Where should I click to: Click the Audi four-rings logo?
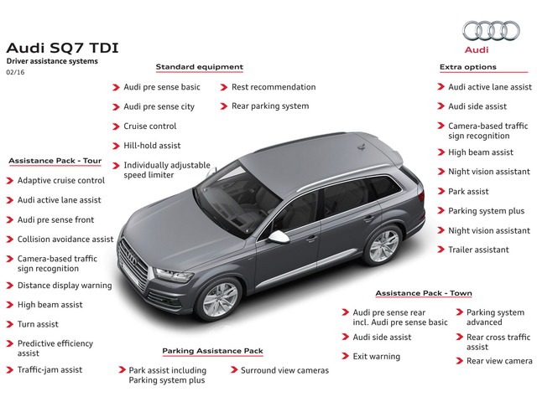pyautogui.click(x=491, y=32)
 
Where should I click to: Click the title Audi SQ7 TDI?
pyautogui.click(x=62, y=47)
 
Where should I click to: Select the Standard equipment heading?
pyautogui.click(x=199, y=67)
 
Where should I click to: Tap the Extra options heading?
pyautogui.click(x=467, y=67)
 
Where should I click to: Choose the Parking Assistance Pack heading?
pyautogui.click(x=212, y=351)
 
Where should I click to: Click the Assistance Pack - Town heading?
pyautogui.click(x=423, y=294)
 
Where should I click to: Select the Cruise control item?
pyautogui.click(x=150, y=126)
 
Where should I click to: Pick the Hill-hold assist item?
pyautogui.click(x=152, y=146)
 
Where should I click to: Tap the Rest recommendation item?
pyautogui.click(x=274, y=87)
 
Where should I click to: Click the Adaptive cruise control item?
pyautogui.click(x=61, y=180)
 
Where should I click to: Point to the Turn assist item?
pyautogui.click(x=39, y=324)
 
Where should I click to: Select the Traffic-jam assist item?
pyautogui.click(x=50, y=369)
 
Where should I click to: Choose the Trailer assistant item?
pyautogui.click(x=478, y=250)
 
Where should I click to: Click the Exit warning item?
pyautogui.click(x=376, y=357)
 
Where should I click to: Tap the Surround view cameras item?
pyautogui.click(x=284, y=369)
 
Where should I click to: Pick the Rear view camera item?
pyautogui.click(x=499, y=361)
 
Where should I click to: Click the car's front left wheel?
pyautogui.click(x=221, y=299)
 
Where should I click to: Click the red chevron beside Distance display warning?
pyautogui.click(x=10, y=286)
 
